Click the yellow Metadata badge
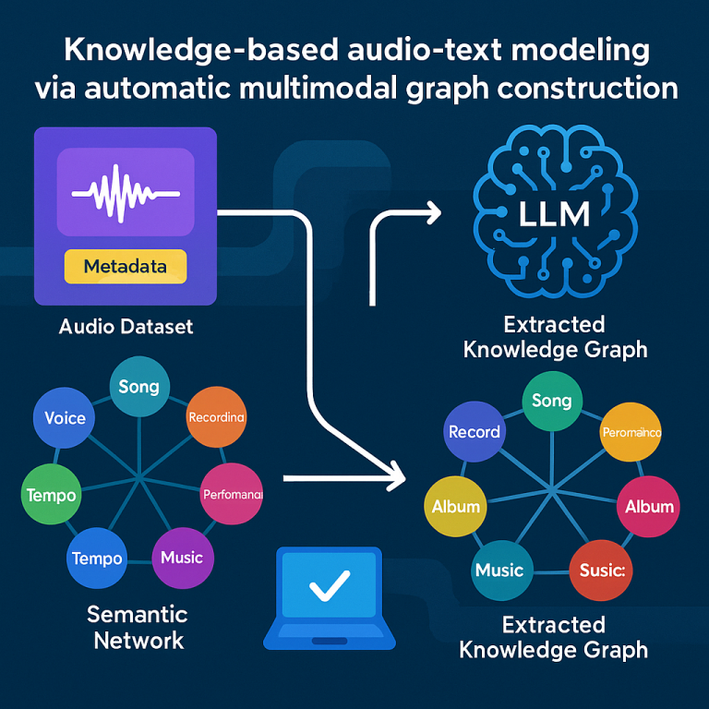click(126, 267)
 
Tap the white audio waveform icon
click(125, 192)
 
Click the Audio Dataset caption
click(126, 326)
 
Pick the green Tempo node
click(51, 495)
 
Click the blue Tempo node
click(96, 559)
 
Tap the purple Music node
click(181, 558)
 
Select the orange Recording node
click(216, 417)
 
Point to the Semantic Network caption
click(138, 627)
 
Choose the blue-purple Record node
click(474, 431)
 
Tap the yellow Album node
click(456, 506)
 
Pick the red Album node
click(649, 506)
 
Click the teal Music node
click(499, 570)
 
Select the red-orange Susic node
click(602, 571)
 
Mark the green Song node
click(552, 401)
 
